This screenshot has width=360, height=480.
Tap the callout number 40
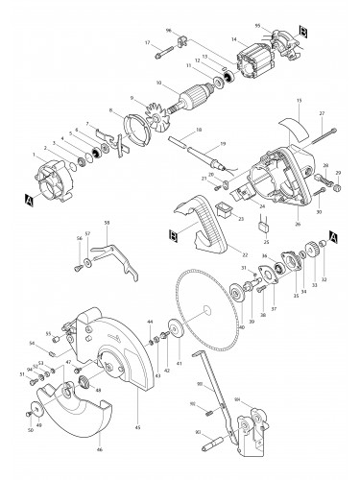(241, 327)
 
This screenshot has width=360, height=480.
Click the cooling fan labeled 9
(149, 103)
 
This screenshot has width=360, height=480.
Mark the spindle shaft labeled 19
(205, 151)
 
